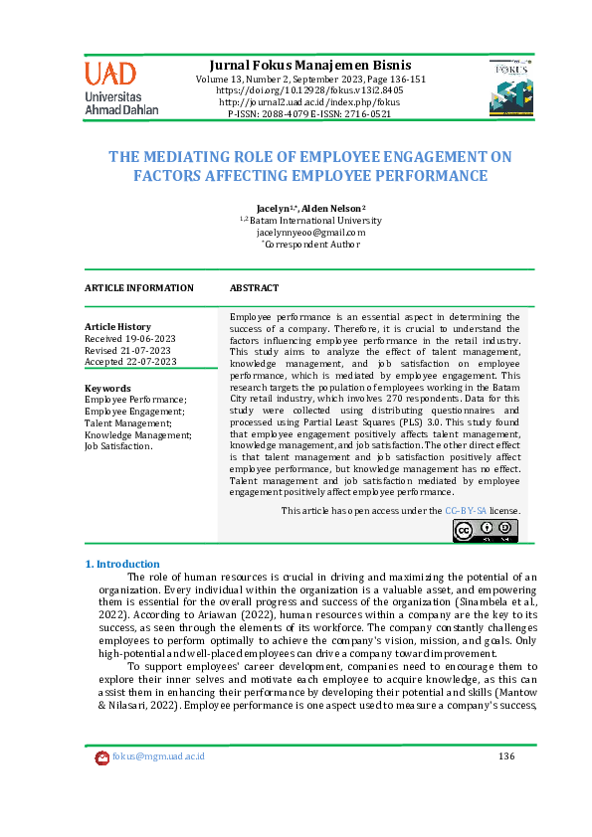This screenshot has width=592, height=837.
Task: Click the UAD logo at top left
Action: pos(121,86)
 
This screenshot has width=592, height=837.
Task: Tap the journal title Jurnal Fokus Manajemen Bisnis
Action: pos(309,65)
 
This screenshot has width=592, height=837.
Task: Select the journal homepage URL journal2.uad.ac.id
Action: pos(309,102)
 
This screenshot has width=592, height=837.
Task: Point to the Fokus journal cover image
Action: pos(510,86)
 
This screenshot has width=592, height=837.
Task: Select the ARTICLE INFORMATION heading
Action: pos(139,288)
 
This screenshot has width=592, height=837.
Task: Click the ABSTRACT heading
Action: pos(255,288)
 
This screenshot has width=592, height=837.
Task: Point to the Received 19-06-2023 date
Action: pos(128,339)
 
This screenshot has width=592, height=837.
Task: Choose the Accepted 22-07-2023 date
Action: pos(130,363)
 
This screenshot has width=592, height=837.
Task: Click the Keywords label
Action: pos(108,388)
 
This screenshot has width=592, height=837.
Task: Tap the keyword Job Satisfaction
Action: pos(118,447)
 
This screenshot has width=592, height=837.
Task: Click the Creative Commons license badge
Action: pos(486,530)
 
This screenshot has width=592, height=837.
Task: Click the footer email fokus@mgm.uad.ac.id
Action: pos(158,756)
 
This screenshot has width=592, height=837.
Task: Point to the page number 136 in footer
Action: pos(505,756)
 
